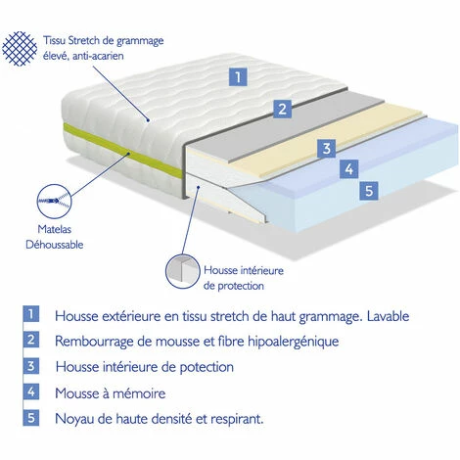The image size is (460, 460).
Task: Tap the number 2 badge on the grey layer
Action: tap(281, 109)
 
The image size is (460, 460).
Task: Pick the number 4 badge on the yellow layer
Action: tap(347, 169)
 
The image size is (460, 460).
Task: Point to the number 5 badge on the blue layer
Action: tap(369, 191)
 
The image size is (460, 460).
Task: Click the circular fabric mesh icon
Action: tap(23, 48)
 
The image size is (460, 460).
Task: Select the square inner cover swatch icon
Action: tap(182, 273)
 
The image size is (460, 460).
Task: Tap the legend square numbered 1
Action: tap(31, 315)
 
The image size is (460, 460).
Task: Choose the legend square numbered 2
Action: tap(31, 341)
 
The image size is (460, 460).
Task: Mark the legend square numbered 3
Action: tap(31, 367)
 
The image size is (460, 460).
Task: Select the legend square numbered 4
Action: tap(31, 392)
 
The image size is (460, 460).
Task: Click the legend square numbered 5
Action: tap(31, 418)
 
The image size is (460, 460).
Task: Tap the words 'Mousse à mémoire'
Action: tap(116, 392)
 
